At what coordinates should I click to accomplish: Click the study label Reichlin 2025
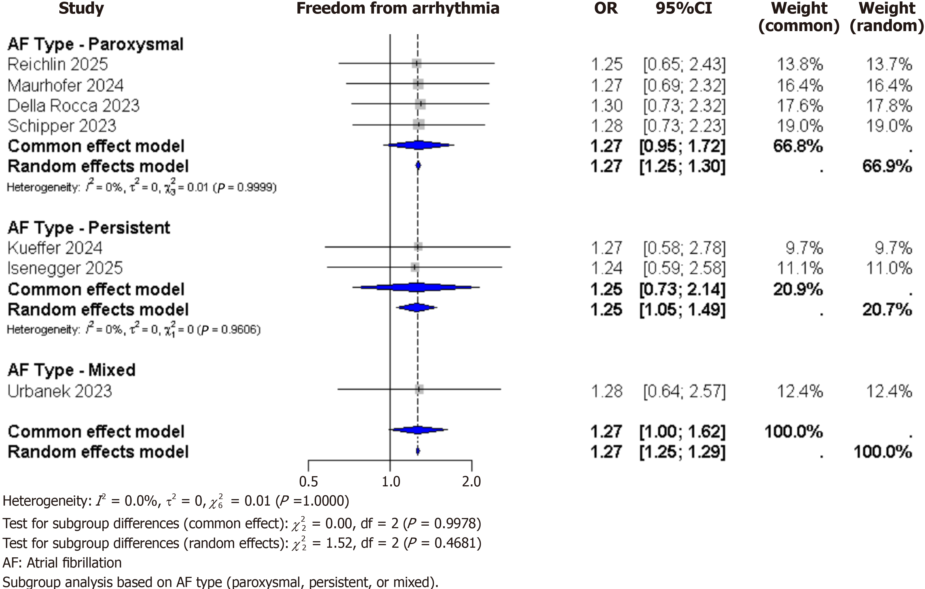58,64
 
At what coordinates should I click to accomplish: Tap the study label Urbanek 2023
60,391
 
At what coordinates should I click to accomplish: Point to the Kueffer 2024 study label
55,248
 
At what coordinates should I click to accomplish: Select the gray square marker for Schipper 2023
419,124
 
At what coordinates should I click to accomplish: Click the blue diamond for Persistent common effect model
416,287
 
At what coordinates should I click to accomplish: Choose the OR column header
606,8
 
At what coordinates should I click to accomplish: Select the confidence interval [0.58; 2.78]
684,248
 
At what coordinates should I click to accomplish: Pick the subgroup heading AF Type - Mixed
72,370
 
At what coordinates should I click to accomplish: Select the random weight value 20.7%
887,310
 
